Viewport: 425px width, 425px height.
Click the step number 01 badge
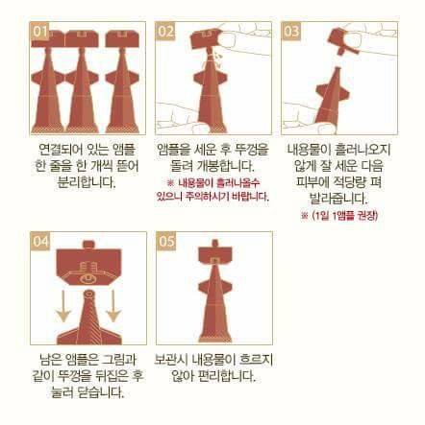point(39,32)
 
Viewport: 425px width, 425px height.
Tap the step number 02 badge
point(165,32)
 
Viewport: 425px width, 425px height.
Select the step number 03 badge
point(291,32)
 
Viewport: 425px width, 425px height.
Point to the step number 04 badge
point(40,241)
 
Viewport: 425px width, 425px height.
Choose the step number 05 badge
point(166,241)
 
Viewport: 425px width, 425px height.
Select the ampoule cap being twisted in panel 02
point(206,40)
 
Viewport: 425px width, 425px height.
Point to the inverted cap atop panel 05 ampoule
point(214,252)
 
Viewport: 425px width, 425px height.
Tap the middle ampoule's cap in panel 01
point(81,39)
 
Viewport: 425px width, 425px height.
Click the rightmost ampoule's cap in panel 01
point(121,39)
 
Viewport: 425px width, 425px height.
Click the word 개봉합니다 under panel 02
point(227,166)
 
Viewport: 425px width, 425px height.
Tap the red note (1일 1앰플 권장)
point(339,216)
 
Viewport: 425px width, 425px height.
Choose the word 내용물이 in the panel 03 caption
point(308,150)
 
